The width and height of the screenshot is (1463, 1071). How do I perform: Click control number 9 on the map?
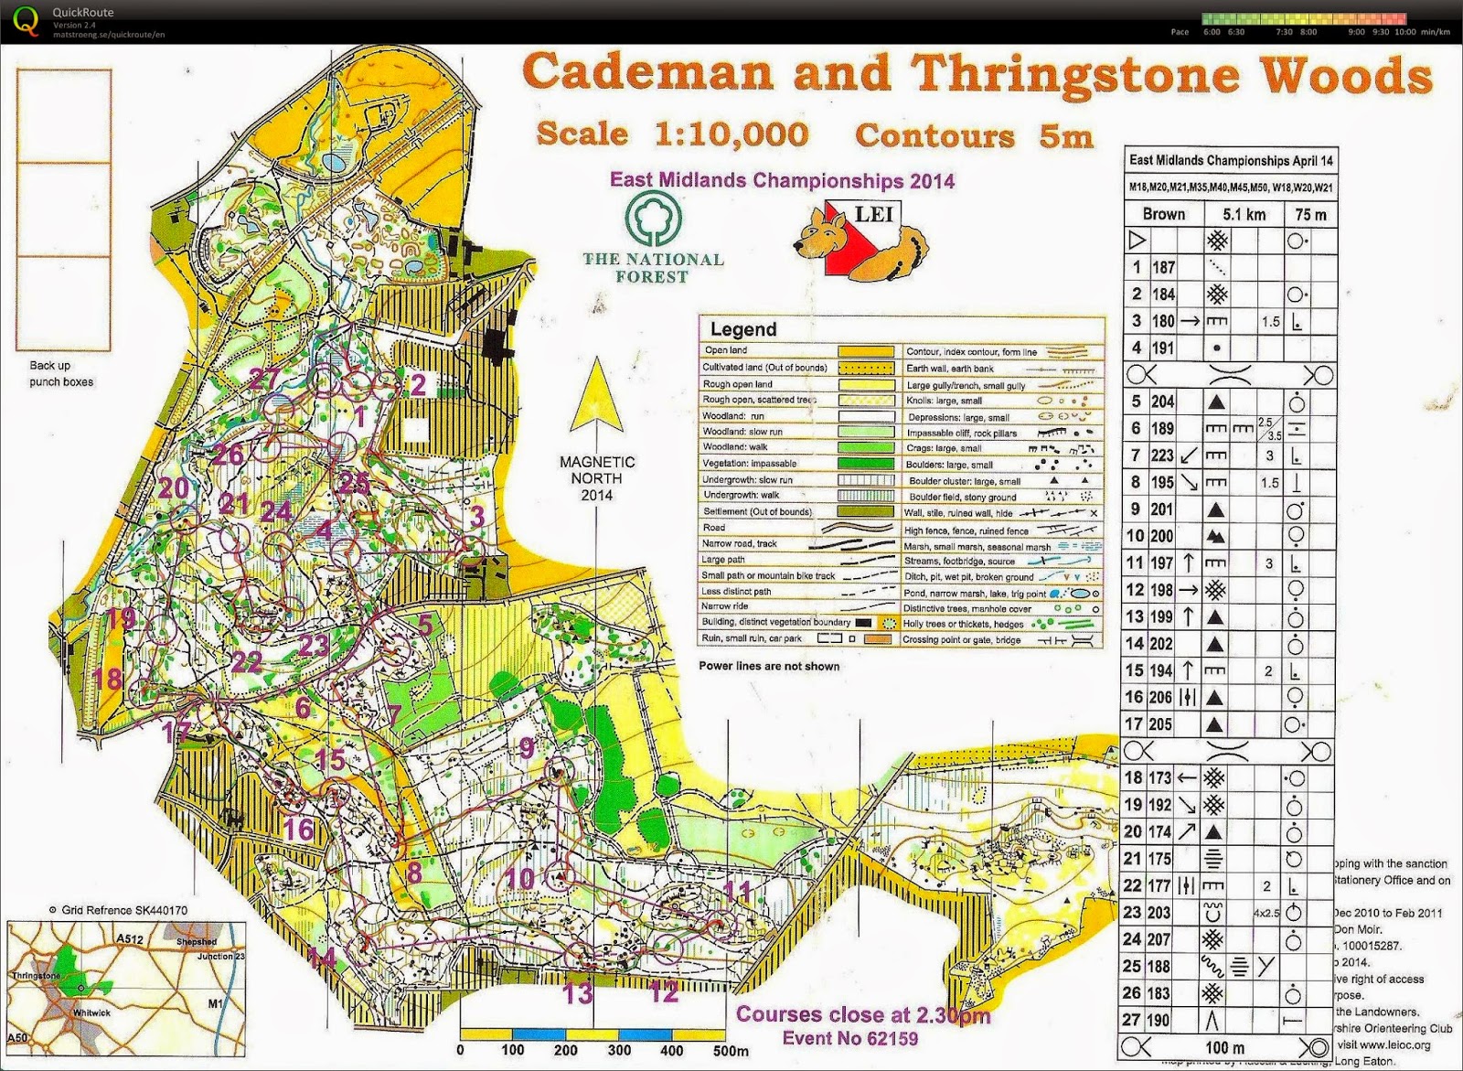click(x=527, y=748)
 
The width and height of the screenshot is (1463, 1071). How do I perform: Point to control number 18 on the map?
click(x=108, y=678)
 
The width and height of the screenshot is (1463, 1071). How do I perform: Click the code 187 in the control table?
click(x=1162, y=268)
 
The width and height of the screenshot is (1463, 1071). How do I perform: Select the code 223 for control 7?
click(x=1162, y=455)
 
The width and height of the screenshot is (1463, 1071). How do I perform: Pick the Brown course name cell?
click(x=1163, y=214)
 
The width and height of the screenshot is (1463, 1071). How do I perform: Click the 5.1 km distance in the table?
click(x=1244, y=214)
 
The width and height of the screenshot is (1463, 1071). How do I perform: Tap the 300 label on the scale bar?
click(x=619, y=1050)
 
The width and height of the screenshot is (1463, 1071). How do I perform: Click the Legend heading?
click(x=742, y=329)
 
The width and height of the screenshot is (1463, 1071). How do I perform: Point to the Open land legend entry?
click(x=726, y=350)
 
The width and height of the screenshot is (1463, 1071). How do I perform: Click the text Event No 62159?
click(x=850, y=1038)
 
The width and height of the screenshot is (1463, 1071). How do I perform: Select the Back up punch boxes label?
click(x=61, y=373)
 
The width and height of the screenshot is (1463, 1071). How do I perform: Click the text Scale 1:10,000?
click(x=672, y=134)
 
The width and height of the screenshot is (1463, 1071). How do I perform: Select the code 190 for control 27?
click(x=1162, y=1020)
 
